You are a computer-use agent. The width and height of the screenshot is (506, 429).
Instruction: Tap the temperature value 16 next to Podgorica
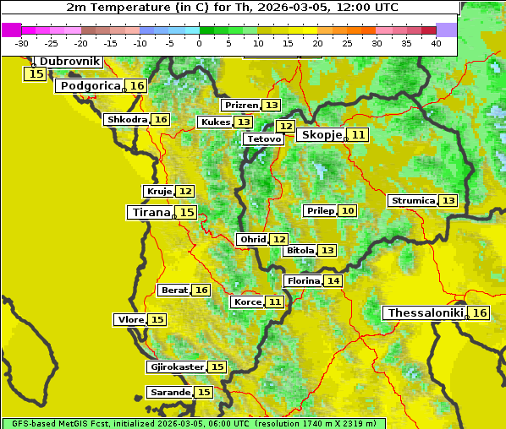136,86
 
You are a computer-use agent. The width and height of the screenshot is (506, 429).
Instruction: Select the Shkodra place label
127,120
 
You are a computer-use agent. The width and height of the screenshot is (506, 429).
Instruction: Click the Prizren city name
241,106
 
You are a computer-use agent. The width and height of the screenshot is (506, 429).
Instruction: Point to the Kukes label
214,122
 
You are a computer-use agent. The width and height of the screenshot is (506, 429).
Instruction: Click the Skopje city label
321,135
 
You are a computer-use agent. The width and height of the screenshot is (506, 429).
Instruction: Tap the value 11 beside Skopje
359,135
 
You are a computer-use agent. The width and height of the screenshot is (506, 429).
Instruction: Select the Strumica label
413,201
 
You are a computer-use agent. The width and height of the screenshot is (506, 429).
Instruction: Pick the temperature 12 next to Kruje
185,192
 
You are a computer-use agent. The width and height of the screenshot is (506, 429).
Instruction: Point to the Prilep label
320,210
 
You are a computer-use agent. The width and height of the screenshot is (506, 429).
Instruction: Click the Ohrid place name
252,240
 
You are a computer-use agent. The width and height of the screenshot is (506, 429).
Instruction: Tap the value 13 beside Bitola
327,251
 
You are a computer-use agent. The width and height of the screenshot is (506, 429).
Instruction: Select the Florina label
303,280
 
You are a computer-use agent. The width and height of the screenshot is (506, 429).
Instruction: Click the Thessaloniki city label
424,313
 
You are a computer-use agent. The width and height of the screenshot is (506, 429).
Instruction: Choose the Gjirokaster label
176,367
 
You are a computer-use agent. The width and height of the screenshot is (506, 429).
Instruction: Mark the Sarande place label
169,393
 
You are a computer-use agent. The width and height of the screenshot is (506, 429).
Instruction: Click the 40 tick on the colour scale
436,42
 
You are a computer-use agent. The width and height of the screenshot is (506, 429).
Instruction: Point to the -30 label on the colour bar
21,42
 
